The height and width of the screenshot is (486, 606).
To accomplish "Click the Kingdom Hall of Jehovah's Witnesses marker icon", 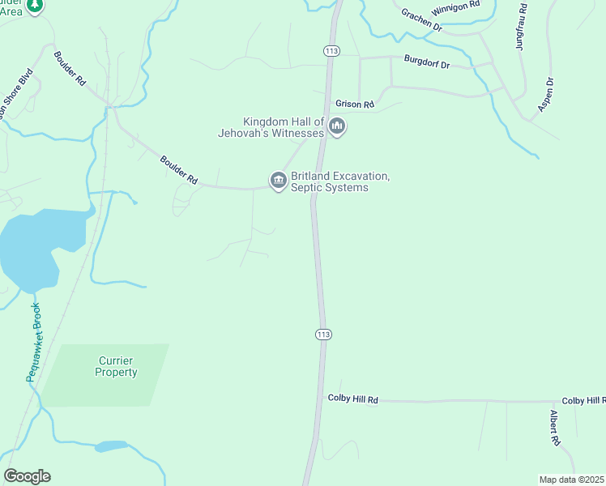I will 337,126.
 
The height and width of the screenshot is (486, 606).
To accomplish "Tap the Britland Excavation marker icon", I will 279,180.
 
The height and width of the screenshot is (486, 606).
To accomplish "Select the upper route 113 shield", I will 331,50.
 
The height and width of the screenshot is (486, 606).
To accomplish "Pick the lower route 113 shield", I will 323,334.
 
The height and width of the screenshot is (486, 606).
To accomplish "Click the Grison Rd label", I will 354,104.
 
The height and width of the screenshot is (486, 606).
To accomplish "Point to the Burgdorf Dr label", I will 426,63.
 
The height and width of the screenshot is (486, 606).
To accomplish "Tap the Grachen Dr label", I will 420,19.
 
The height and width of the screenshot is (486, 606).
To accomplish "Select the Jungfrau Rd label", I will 520,31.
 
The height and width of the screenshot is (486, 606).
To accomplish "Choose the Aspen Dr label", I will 546,94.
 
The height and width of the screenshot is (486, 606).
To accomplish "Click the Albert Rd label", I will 555,428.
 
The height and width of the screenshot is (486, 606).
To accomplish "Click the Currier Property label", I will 117,366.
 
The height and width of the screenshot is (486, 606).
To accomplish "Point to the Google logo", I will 27,476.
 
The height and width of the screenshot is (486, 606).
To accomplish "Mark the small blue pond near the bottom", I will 111,446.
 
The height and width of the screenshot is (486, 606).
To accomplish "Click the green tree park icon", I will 34,6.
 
